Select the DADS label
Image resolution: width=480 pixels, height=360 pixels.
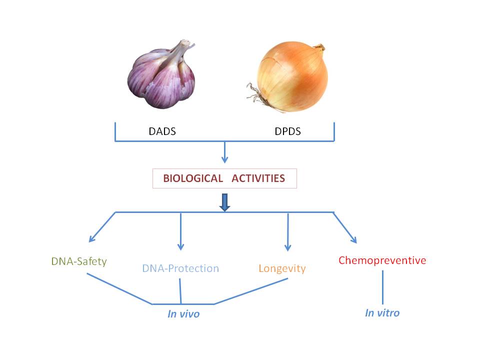click(162, 132)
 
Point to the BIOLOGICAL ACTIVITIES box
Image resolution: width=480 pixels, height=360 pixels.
click(224, 178)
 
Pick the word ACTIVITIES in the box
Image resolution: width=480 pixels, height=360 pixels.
click(256, 178)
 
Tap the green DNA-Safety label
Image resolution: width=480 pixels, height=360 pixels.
click(79, 261)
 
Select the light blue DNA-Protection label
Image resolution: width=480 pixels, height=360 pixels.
click(180, 268)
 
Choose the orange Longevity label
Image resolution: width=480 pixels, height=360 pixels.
click(282, 268)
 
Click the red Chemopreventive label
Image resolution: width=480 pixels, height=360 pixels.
click(382, 260)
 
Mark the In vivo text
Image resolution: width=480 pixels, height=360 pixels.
click(183, 314)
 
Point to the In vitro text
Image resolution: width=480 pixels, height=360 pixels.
click(382, 313)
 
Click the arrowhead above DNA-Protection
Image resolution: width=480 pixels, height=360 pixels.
click(180, 246)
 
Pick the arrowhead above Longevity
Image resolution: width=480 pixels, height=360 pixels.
click(287, 247)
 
